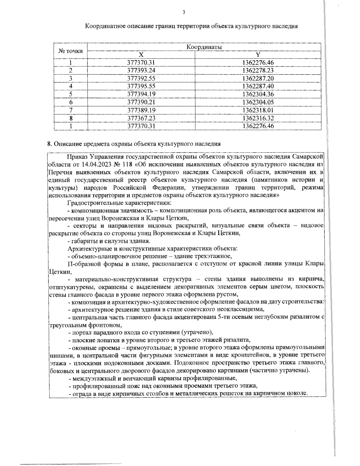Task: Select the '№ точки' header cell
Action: (70, 51)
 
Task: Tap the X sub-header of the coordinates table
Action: (141, 55)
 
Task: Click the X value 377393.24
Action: (141, 71)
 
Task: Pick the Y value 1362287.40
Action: (258, 86)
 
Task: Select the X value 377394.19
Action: (141, 94)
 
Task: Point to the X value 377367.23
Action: (141, 118)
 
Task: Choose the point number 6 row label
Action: (70, 102)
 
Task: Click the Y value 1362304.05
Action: (258, 102)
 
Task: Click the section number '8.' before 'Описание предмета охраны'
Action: (50, 144)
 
